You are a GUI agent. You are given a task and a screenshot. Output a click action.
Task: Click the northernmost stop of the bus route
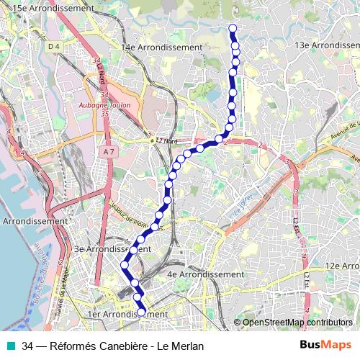233,29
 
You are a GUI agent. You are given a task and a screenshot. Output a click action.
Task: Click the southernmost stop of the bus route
142,312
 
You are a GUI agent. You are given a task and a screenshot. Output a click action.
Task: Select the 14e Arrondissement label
162,48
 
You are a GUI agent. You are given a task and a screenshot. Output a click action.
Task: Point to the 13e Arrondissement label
328,45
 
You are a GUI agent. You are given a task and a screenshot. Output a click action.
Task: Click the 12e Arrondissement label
341,266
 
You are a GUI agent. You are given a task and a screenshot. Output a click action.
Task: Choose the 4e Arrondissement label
205,274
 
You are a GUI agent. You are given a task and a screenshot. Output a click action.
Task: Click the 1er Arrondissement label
127,315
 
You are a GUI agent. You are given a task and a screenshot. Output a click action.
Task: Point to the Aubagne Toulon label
102,104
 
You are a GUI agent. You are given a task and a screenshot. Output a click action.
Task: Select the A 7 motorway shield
109,152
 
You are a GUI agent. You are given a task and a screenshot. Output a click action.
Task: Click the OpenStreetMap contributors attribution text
297,322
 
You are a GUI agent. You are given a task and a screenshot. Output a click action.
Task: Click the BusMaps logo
325,345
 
